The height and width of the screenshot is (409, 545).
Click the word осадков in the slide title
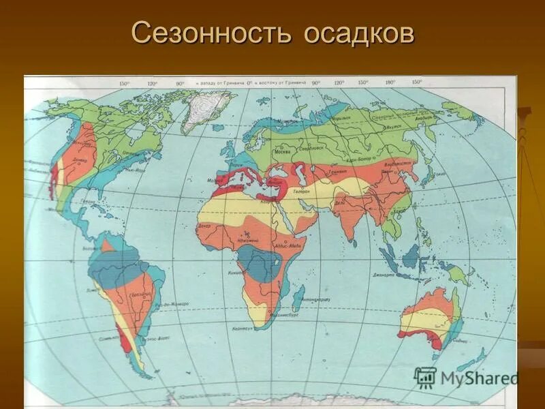tap(354, 34)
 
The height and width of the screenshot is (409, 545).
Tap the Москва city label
tap(280, 151)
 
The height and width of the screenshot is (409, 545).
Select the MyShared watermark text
tap(479, 379)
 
